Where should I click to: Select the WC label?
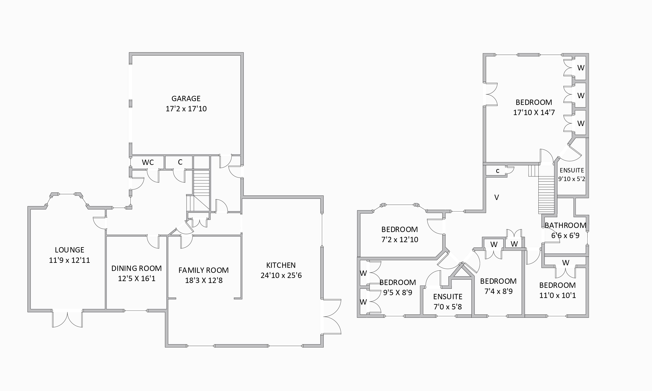pos(148,162)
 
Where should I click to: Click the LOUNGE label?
pos(70,250)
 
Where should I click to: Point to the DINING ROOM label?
pos(137,268)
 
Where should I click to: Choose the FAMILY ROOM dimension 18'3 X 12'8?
pos(204,280)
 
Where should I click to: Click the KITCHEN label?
pos(281,265)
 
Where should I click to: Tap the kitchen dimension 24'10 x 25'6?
pos(281,275)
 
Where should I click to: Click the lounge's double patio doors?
pos(67,318)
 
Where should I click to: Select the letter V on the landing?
pos(496,197)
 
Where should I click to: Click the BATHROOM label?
pos(565,225)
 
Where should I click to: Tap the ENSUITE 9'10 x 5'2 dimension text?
pos(572,179)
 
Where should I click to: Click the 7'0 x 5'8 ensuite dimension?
pos(448,307)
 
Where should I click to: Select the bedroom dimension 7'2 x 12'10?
pos(400,240)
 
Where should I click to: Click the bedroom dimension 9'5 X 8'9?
pos(398,293)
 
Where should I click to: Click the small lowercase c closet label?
pos(498,171)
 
